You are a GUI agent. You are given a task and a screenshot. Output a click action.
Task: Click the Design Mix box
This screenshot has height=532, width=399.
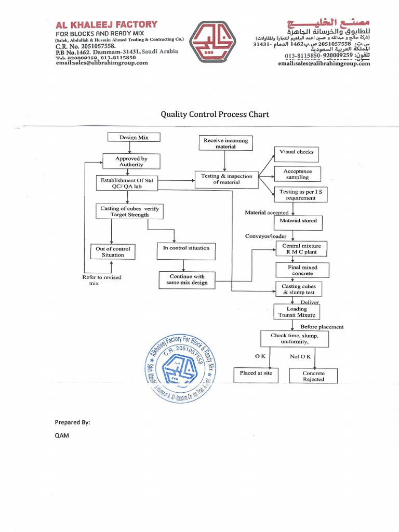coord(134,137)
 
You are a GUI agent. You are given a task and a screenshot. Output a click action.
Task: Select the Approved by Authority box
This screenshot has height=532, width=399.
coord(131,162)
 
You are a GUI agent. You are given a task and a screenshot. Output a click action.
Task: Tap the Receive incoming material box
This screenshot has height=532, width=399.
coord(225,143)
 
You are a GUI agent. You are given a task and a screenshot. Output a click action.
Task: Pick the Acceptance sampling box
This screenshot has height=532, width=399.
coord(297,174)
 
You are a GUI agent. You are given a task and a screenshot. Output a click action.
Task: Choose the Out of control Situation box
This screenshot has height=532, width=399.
coord(113,252)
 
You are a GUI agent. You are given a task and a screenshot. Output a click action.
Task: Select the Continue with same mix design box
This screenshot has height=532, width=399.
coord(187,280)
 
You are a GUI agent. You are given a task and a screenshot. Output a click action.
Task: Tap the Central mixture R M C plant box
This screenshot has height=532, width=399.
coord(301,249)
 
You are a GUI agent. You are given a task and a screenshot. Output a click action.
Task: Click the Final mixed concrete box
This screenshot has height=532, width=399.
coord(302,270)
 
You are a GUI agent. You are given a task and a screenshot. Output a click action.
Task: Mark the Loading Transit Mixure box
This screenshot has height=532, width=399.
coord(297,312)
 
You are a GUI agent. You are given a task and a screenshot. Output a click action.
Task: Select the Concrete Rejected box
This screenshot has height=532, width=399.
coord(313,376)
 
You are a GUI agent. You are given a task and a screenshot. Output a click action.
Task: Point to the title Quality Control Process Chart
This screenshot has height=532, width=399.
coord(215,114)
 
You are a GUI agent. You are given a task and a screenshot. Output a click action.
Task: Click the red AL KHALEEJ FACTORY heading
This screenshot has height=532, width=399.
coord(107,24)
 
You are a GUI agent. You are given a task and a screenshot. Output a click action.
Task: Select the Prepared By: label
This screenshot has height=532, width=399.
coord(72,422)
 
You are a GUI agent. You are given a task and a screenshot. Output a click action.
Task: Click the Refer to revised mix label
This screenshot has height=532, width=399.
coord(101,280)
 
